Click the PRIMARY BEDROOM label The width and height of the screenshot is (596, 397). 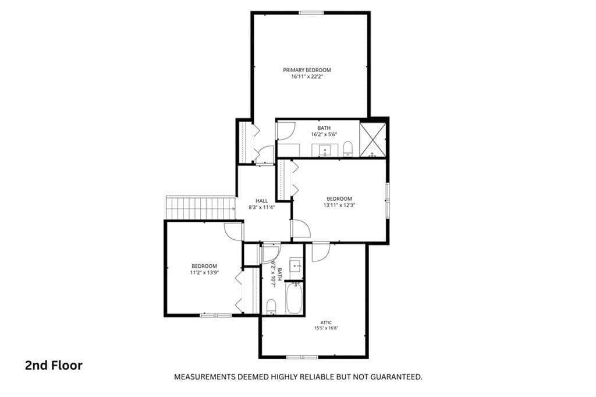point(307,70)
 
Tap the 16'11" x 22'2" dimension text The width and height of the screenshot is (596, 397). point(307,76)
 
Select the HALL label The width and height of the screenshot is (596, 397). point(261,201)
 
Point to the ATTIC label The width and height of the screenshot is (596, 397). point(326,322)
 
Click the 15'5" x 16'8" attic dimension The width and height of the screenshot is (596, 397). point(326,328)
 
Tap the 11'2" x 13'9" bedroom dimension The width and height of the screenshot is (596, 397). point(204,272)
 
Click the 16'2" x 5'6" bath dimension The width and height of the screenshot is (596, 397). point(324,134)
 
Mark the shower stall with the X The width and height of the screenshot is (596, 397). point(372,140)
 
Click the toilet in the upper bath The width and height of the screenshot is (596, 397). point(348,148)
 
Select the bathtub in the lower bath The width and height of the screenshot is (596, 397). point(294,298)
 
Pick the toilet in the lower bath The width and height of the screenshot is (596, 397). point(271,307)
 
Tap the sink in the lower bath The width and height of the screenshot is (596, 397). point(296,264)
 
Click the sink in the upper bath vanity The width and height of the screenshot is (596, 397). point(325,150)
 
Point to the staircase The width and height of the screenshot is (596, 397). point(201,208)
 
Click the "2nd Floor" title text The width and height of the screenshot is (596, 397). point(54,366)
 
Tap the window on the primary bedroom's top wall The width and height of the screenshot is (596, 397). point(311,13)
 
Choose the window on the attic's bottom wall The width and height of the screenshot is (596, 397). point(302,357)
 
